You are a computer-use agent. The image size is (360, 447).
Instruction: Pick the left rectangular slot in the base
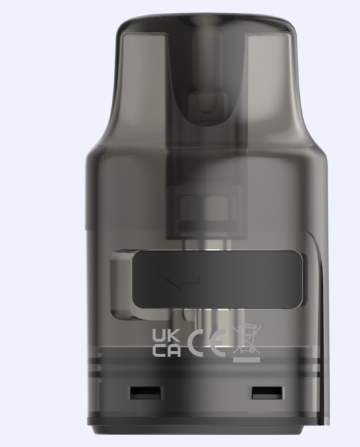pyautogui.click(x=138, y=393)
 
